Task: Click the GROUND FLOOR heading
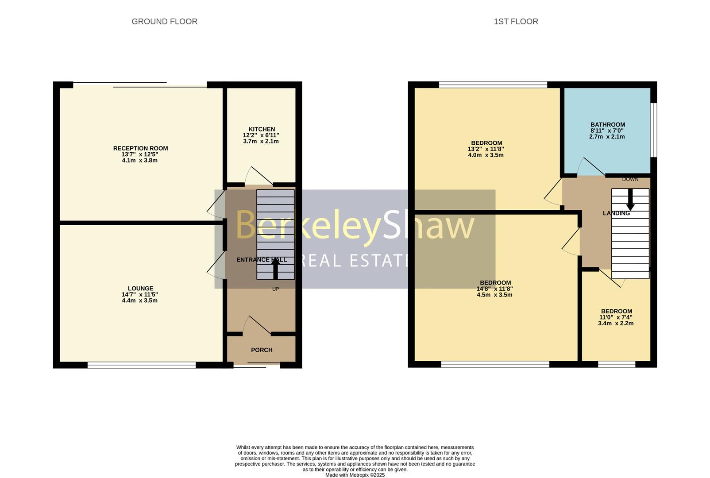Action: pyautogui.click(x=164, y=21)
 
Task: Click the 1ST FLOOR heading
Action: pyautogui.click(x=516, y=21)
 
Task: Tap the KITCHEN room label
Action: pyautogui.click(x=262, y=129)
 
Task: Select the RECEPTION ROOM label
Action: pyautogui.click(x=140, y=148)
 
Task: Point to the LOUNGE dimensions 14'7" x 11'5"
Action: pyautogui.click(x=140, y=294)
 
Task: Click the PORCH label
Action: pyautogui.click(x=262, y=350)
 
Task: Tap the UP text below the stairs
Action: pyautogui.click(x=275, y=289)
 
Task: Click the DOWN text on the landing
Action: pyautogui.click(x=630, y=179)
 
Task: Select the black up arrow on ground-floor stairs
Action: pyautogui.click(x=275, y=268)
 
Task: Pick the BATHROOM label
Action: pyautogui.click(x=607, y=125)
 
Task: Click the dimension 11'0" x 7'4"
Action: pyautogui.click(x=616, y=317)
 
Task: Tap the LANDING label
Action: pyautogui.click(x=616, y=213)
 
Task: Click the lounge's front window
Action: pyautogui.click(x=141, y=365)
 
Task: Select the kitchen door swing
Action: pyautogui.click(x=261, y=176)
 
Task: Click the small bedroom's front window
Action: pyautogui.click(x=616, y=364)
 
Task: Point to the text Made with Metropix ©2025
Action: pyautogui.click(x=355, y=475)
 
